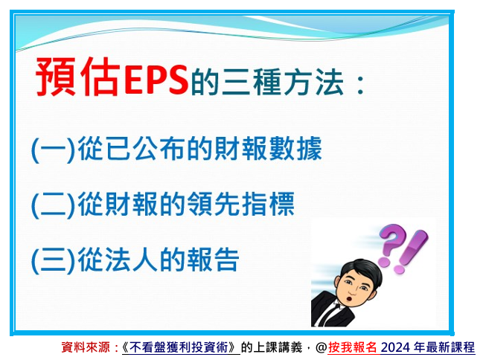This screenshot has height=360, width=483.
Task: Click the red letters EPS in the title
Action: click(x=156, y=79)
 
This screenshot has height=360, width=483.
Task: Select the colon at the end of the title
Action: click(x=360, y=83)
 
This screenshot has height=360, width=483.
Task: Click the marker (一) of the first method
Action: click(x=54, y=150)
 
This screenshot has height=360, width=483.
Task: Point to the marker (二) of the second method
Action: click(x=54, y=205)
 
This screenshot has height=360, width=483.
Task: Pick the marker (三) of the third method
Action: click(x=54, y=260)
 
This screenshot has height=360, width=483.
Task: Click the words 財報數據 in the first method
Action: click(x=268, y=149)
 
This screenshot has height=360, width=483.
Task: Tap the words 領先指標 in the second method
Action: click(x=240, y=204)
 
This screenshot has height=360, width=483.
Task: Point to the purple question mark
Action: click(x=391, y=245)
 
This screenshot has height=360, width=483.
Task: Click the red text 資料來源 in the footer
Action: click(x=86, y=347)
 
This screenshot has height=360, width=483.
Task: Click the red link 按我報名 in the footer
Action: click(x=353, y=347)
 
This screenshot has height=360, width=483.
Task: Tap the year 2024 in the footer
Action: click(x=395, y=347)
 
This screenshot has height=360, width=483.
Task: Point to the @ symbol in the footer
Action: click(x=322, y=347)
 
